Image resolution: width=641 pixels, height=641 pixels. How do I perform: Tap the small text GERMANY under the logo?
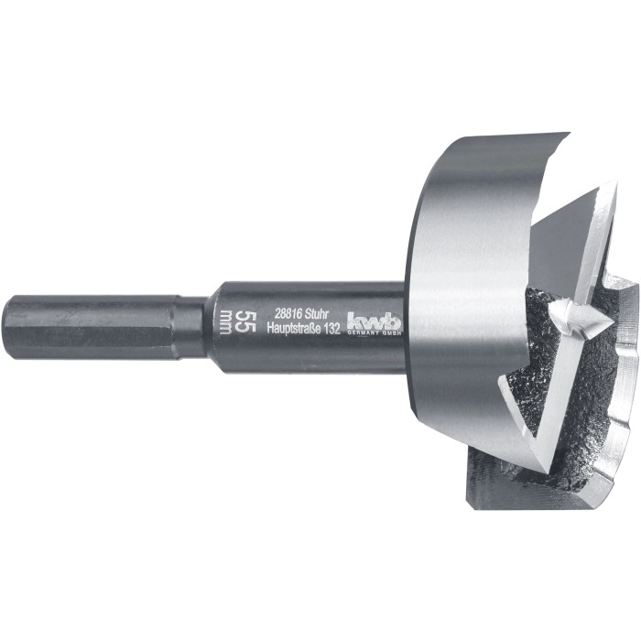pyautogui.click(x=362, y=332)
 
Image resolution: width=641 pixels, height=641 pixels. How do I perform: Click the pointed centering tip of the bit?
pyautogui.click(x=610, y=323)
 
